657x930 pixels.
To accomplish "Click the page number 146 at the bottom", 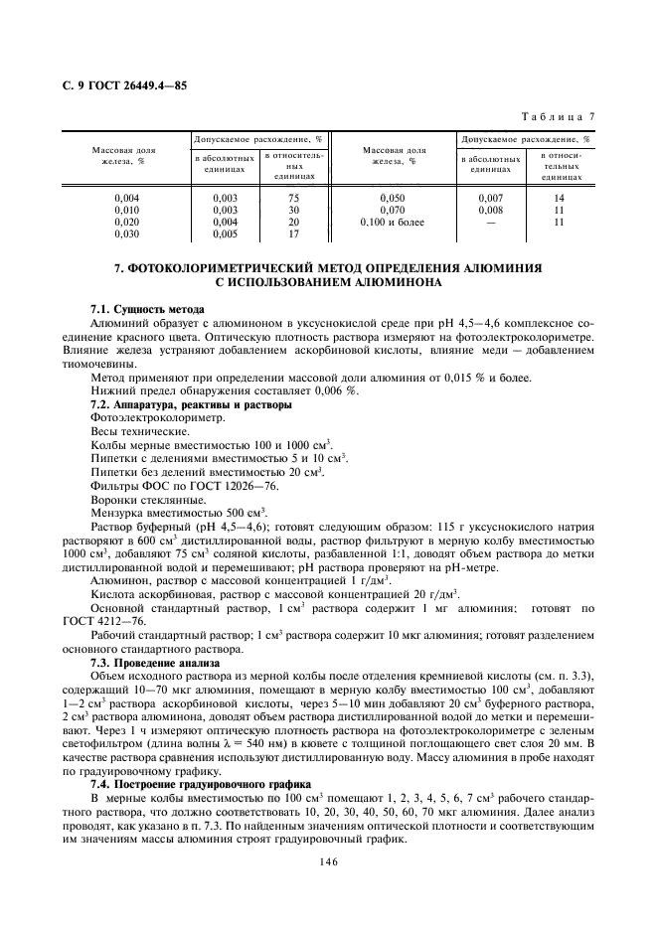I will point(329,861).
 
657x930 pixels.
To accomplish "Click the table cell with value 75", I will point(293,198).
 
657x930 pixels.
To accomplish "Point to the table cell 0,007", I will point(491,198).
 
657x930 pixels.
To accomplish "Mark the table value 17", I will point(293,234).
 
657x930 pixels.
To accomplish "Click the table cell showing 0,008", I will point(491,210).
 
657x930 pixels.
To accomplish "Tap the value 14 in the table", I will point(560,198).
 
